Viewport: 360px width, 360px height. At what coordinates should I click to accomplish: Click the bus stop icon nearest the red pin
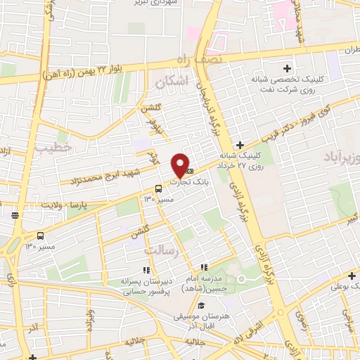(x=158, y=188)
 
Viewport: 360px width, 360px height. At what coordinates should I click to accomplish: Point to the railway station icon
(x=15, y=215)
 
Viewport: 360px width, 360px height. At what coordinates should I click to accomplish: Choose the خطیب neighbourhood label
(x=48, y=148)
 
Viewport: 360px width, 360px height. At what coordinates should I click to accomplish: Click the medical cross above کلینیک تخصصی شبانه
(x=286, y=69)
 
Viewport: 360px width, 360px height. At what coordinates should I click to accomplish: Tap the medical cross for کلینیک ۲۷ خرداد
(x=240, y=143)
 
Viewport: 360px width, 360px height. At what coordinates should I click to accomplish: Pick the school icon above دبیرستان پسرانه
(x=147, y=269)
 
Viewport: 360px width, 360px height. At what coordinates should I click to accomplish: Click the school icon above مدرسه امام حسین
(x=204, y=267)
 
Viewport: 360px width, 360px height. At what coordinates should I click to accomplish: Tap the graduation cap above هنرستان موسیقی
(x=202, y=306)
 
